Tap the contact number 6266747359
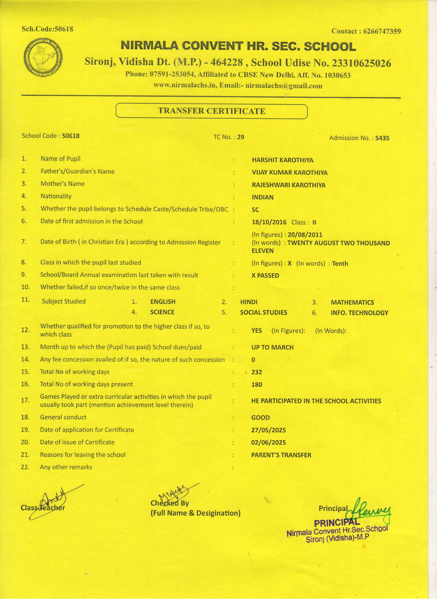382,31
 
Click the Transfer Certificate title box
211,111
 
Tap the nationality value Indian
262,198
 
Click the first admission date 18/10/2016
269,222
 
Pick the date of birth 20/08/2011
305,235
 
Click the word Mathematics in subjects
352,302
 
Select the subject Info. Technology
359,313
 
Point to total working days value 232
257,372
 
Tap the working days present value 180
257,385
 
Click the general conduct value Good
260,418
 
